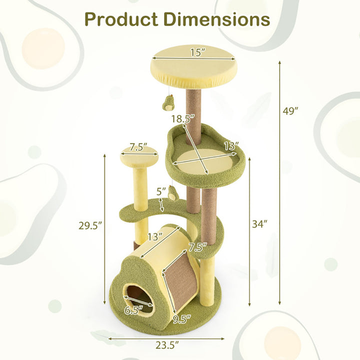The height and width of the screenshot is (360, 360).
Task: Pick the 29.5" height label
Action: [x=90, y=225]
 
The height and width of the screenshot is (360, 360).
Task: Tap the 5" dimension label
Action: [x=160, y=191]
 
